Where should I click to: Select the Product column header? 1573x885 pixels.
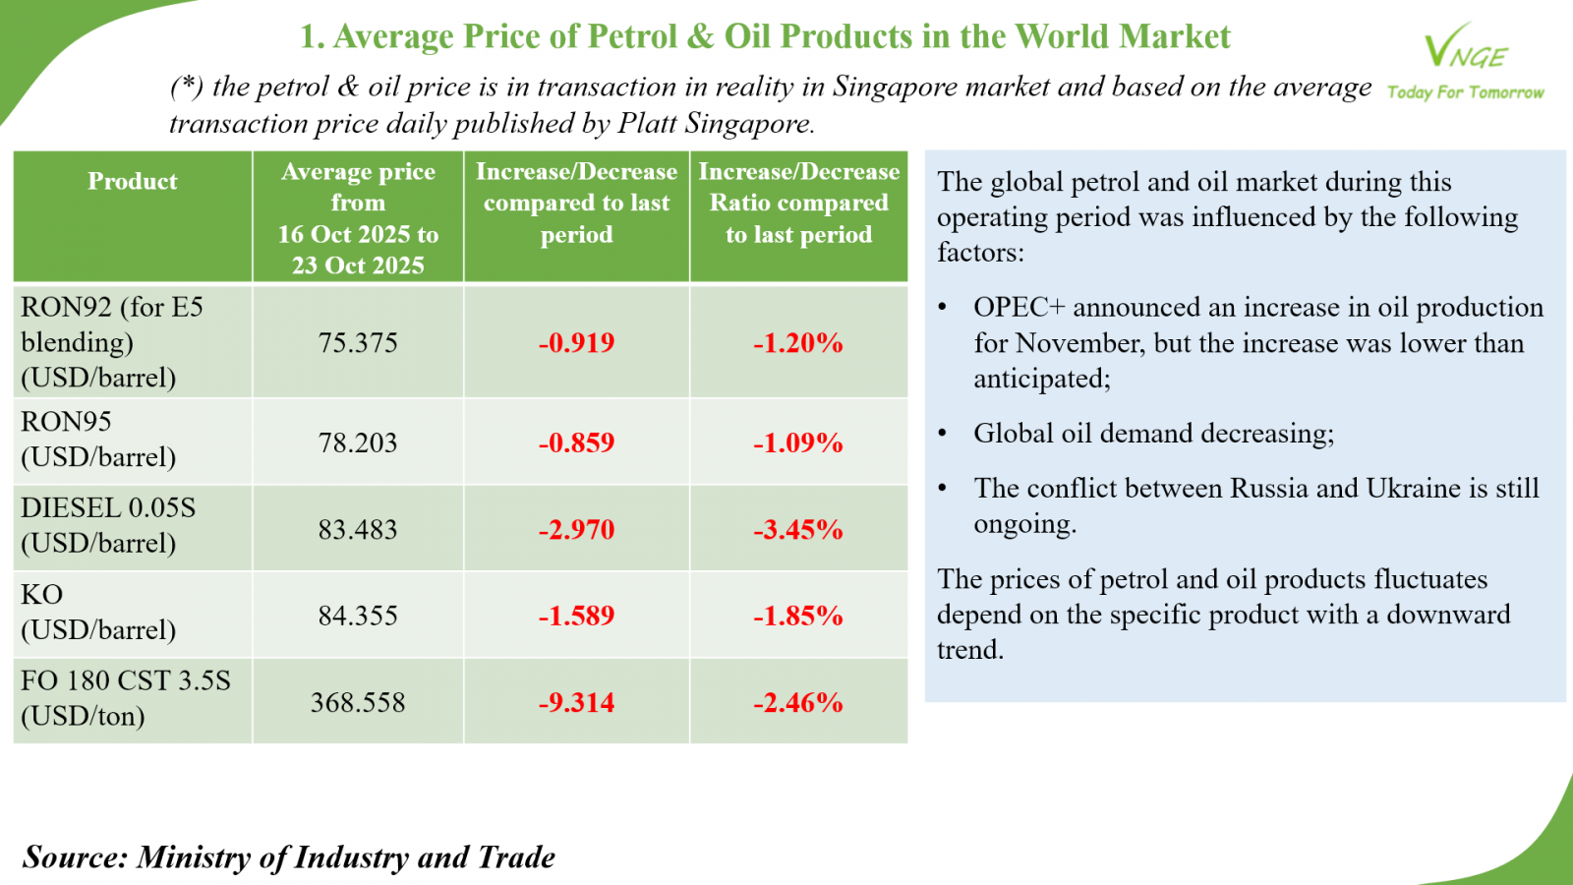tap(133, 182)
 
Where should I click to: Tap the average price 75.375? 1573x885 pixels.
tap(358, 343)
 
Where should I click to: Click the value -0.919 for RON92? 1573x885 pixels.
tap(576, 343)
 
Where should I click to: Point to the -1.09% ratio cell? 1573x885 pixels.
tap(798, 442)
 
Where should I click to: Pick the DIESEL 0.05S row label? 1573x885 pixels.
tap(108, 525)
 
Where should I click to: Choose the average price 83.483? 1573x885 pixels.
tap(358, 530)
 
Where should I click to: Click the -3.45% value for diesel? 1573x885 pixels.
tap(798, 530)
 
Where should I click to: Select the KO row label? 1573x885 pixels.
tap(98, 612)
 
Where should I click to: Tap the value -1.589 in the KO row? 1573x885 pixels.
tap(576, 617)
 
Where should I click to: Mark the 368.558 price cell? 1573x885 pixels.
tap(358, 703)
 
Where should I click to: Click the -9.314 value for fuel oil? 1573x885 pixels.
tap(576, 703)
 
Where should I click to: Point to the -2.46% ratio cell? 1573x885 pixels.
tap(798, 703)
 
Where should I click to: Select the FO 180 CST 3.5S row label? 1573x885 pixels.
tap(125, 698)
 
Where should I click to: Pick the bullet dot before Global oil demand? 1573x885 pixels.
tap(943, 434)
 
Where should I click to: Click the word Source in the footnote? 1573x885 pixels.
tap(75, 857)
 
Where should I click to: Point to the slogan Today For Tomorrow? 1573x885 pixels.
tap(1465, 92)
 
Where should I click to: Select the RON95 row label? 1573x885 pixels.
tap(98, 439)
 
